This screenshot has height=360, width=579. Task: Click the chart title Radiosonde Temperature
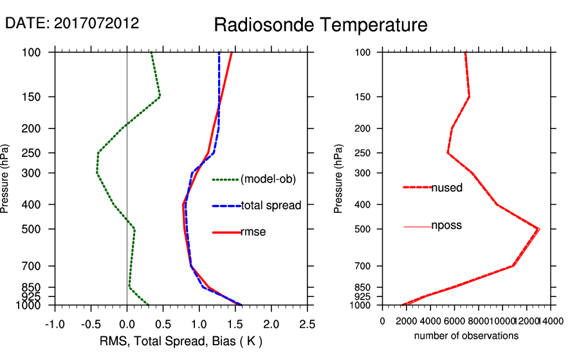(320, 26)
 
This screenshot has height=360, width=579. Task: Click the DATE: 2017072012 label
(72, 23)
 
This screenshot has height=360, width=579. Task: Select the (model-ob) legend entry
(268, 179)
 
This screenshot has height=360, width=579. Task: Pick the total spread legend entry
(270, 206)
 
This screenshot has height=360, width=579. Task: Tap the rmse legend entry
(253, 232)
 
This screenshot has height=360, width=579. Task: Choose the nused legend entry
(446, 188)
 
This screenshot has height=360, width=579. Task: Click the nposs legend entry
(446, 226)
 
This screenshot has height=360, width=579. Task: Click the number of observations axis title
(466, 336)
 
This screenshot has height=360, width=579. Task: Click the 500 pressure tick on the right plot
(363, 229)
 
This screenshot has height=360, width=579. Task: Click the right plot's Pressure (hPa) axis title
(338, 179)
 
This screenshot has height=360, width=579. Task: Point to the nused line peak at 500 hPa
(539, 229)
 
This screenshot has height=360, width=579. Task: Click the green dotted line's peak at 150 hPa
(160, 96)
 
